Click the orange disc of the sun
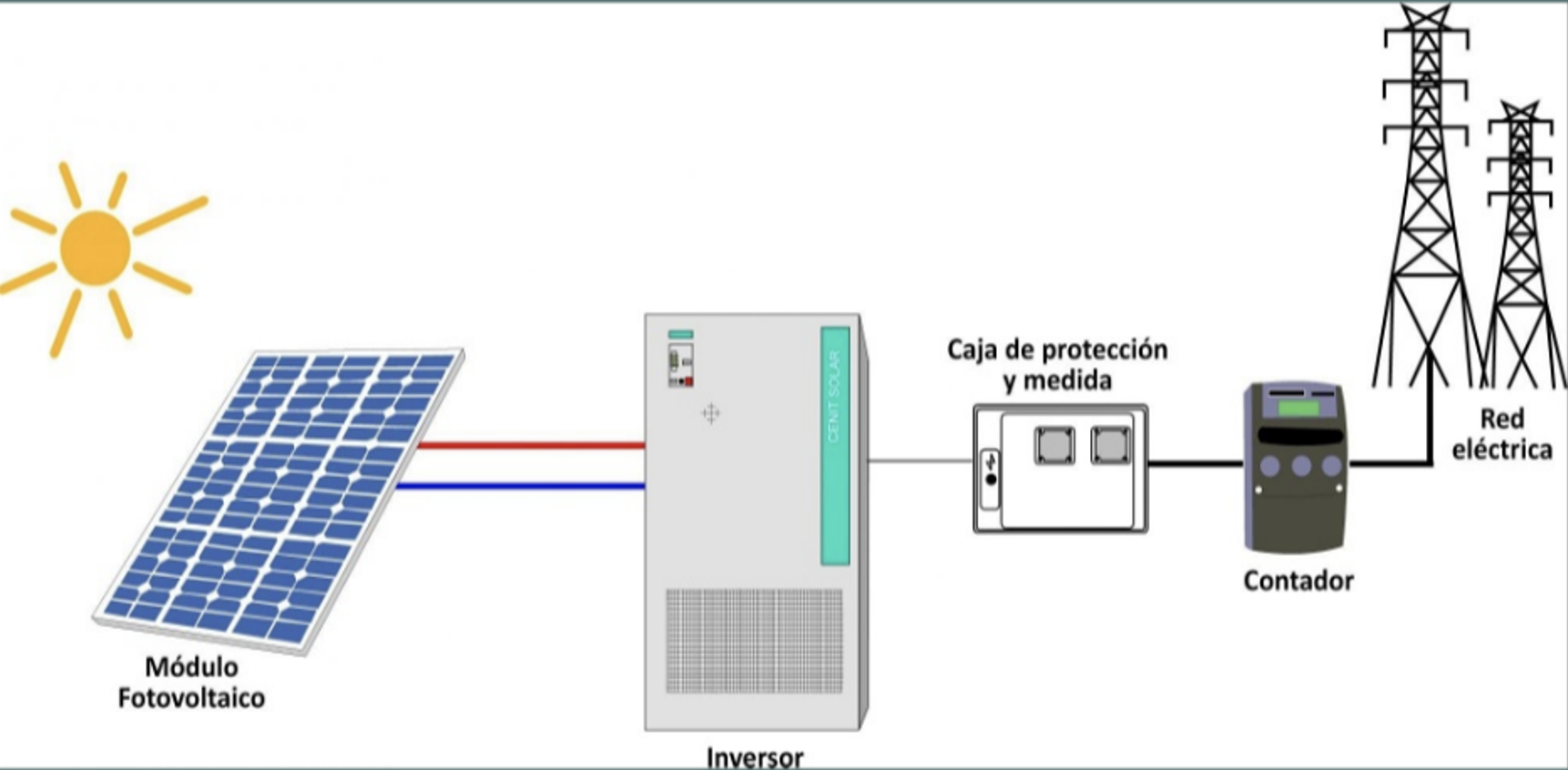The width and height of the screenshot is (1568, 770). coord(95,248)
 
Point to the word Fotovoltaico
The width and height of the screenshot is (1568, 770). coord(191,698)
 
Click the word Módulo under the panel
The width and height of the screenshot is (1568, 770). coord(191,667)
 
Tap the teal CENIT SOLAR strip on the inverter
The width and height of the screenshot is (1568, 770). coord(834,446)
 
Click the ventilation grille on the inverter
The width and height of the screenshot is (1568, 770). coord(754,641)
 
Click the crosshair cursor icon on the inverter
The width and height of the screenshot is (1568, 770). coord(710,414)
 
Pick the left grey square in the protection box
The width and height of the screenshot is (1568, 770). coord(1054,446)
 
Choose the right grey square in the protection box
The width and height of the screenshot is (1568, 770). coord(1110,446)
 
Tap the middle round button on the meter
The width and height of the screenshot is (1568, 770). coord(1301,466)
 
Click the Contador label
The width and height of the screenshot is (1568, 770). coord(1298,581)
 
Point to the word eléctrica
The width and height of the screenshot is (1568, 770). coord(1502,450)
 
